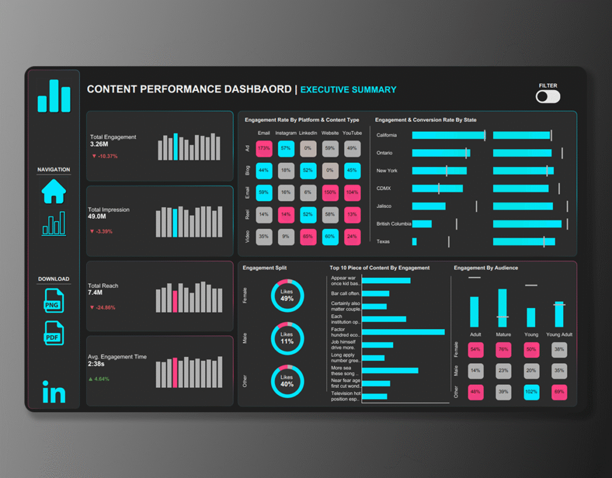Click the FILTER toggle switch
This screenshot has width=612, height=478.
tap(547, 96)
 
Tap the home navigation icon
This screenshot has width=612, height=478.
tap(54, 192)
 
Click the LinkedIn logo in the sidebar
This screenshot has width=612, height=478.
tap(54, 392)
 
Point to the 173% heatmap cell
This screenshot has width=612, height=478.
tap(264, 148)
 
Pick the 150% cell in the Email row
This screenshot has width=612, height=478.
tap(330, 192)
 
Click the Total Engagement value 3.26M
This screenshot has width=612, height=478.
tap(99, 144)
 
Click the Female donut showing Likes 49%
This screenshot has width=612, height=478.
tap(287, 295)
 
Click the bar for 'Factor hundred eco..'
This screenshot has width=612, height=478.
tap(403, 332)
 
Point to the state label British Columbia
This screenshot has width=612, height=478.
tap(393, 223)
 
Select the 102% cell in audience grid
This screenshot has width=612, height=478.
tap(531, 392)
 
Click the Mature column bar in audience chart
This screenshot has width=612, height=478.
tap(503, 308)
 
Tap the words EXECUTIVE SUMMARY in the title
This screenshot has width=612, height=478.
tap(348, 90)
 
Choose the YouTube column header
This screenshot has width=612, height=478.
tap(352, 133)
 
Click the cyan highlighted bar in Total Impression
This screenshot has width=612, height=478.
tap(175, 223)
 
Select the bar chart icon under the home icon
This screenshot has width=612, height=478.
tap(54, 223)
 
